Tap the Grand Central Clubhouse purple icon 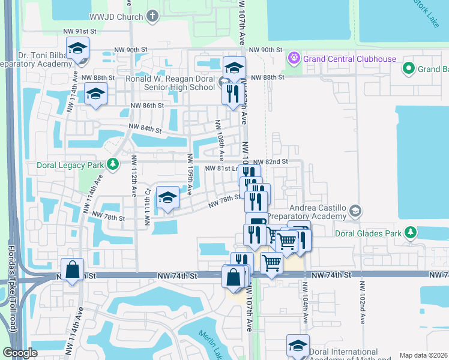pos(294,59)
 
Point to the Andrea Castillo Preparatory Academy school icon pos(356,211)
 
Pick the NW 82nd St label pos(270,162)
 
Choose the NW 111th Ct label pos(146,207)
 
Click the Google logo pos(20,353)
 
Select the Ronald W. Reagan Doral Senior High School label pos(170,83)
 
